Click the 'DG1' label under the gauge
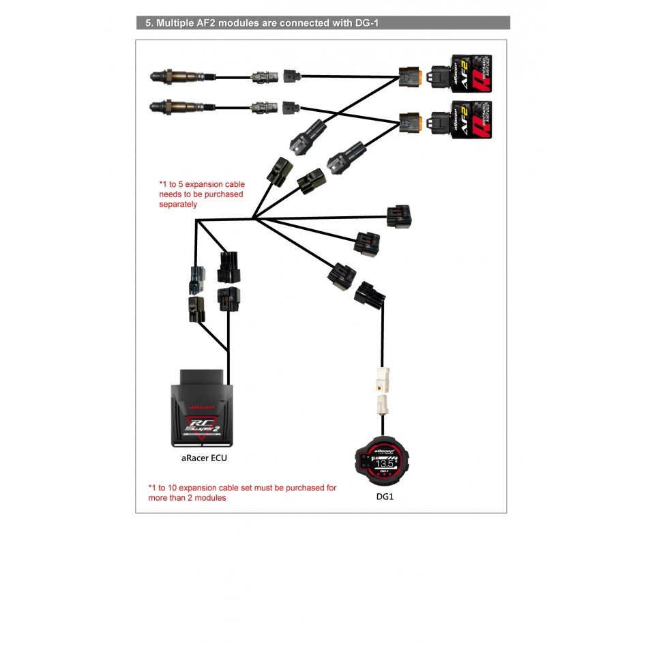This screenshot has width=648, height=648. [x=385, y=497]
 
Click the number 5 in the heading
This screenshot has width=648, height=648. [x=147, y=23]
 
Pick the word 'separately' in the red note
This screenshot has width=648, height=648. [x=178, y=204]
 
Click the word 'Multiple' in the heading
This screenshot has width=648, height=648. [x=177, y=23]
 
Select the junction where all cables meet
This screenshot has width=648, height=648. [x=253, y=219]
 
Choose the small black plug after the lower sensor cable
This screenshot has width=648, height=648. [x=289, y=107]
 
